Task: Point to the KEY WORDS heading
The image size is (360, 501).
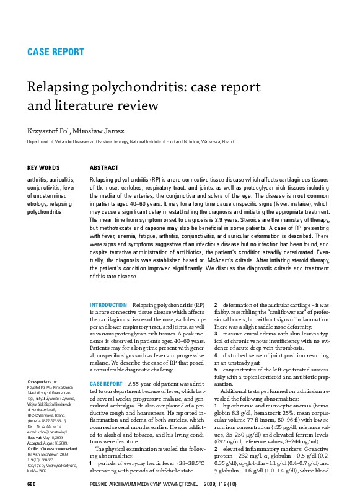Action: pos(44,168)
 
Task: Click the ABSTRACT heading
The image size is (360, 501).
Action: pos(104,168)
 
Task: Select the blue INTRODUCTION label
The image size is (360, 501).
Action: pos(108,306)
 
